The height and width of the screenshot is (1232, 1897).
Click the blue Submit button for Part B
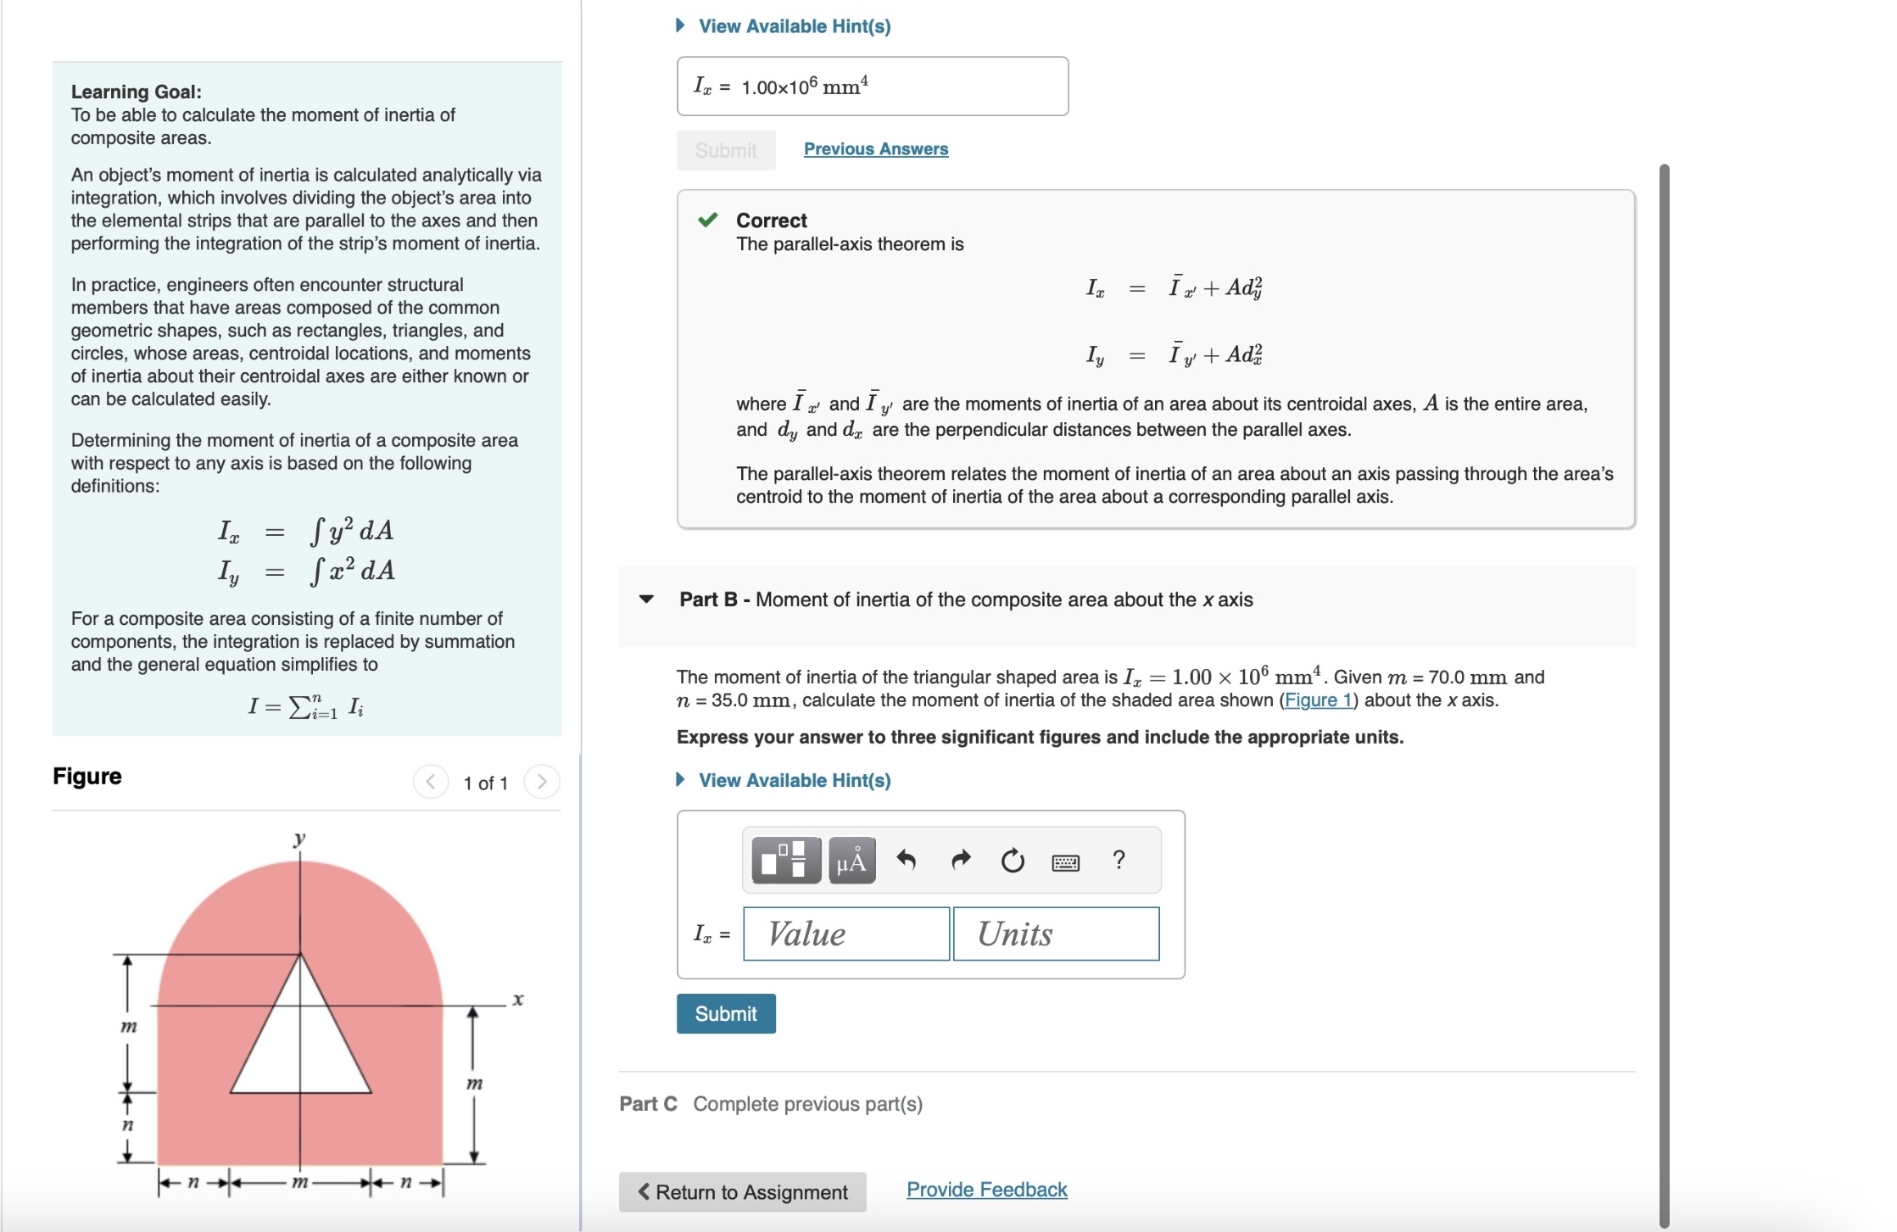[x=725, y=1013]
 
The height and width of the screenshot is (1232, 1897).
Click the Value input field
[x=845, y=934]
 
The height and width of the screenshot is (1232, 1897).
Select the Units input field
[x=1056, y=934]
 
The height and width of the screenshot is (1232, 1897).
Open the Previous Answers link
[x=875, y=149]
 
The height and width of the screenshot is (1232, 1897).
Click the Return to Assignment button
[x=742, y=1191]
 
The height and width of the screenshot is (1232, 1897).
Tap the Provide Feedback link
[x=986, y=1190]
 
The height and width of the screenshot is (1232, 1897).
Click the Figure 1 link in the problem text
[x=1318, y=700]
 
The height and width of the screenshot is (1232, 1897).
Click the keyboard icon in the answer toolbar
[x=1065, y=862]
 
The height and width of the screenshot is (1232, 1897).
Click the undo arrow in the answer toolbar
[x=906, y=861]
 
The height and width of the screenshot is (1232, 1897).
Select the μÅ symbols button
[x=851, y=861]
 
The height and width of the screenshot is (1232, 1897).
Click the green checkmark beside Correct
[x=707, y=220]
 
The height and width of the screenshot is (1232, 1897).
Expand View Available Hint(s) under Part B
[x=794, y=780]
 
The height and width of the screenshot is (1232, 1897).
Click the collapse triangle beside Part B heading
[x=646, y=599]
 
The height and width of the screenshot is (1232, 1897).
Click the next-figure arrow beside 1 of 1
[x=542, y=782]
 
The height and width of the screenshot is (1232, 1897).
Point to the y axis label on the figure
[x=299, y=839]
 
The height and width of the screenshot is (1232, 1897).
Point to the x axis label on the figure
[x=518, y=1000]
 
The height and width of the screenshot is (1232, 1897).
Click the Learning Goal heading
[x=136, y=92]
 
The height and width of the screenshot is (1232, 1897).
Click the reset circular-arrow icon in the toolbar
[x=1013, y=861]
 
